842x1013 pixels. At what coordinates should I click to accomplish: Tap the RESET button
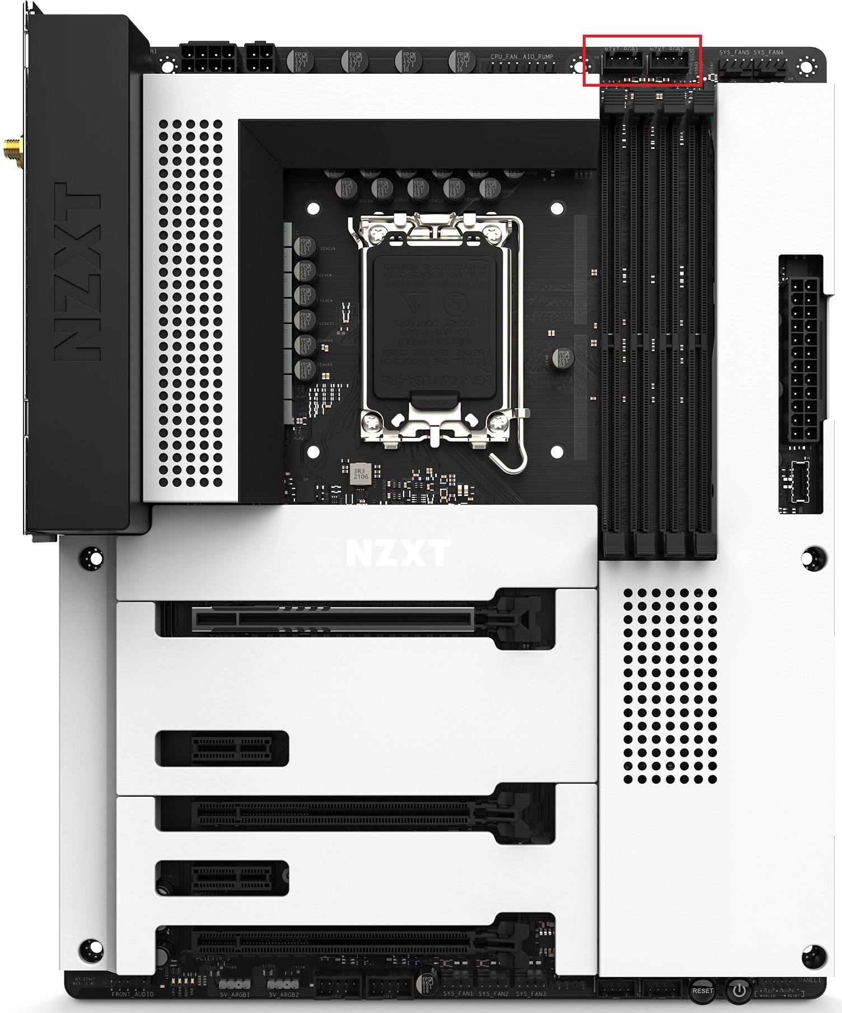pos(702,991)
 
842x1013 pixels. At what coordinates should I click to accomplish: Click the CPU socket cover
pos(434,324)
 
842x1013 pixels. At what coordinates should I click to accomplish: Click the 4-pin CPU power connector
pos(259,58)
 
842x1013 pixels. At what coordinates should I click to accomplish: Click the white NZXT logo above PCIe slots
pos(398,553)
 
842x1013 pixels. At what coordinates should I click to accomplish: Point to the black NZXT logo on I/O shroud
pos(78,272)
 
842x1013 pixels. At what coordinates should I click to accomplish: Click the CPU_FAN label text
pos(504,57)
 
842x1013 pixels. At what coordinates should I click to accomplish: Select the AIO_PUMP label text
pos(537,57)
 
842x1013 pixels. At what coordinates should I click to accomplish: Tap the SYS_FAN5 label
pos(734,53)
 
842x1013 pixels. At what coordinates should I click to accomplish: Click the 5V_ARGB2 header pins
pos(283,984)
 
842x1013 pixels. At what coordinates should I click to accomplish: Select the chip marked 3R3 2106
pos(361,474)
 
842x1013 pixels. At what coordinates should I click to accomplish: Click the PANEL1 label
pos(810,980)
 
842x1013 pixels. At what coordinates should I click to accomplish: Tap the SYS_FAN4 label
pos(768,53)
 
